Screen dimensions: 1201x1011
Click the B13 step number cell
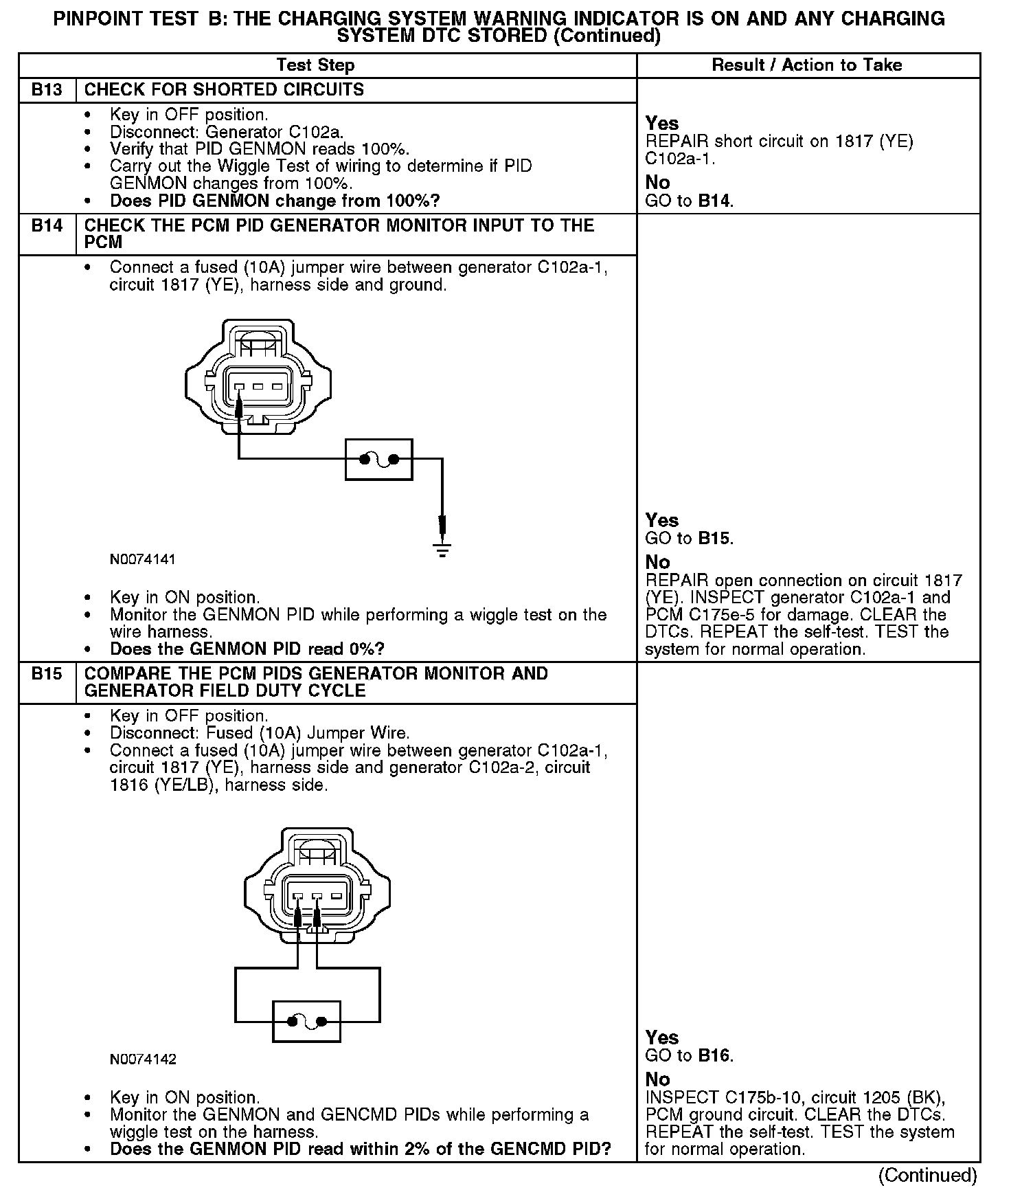coord(47,90)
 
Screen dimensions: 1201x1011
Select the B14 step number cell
coord(47,226)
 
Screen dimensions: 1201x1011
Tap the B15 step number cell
coord(47,674)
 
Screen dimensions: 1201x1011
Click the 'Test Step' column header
coord(315,65)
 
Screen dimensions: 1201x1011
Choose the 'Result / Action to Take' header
coord(807,65)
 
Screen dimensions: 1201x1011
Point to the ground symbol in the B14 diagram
coord(442,550)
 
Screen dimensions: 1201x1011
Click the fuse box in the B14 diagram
coord(378,460)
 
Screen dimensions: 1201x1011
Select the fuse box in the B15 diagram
coord(307,1022)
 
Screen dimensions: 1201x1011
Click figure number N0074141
coord(143,559)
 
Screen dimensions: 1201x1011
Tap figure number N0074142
coord(143,1059)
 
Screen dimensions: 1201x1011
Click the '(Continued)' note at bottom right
coord(927,1176)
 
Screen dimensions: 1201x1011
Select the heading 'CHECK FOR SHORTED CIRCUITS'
coord(224,90)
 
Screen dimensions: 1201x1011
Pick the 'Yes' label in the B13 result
coord(662,124)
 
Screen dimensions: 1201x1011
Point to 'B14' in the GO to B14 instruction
coord(714,201)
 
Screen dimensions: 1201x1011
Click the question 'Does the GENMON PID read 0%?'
coord(247,649)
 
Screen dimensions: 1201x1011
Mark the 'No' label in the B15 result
coord(657,1079)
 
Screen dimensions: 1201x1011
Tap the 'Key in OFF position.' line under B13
coord(189,115)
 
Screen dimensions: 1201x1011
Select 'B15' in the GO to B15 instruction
coord(714,538)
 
